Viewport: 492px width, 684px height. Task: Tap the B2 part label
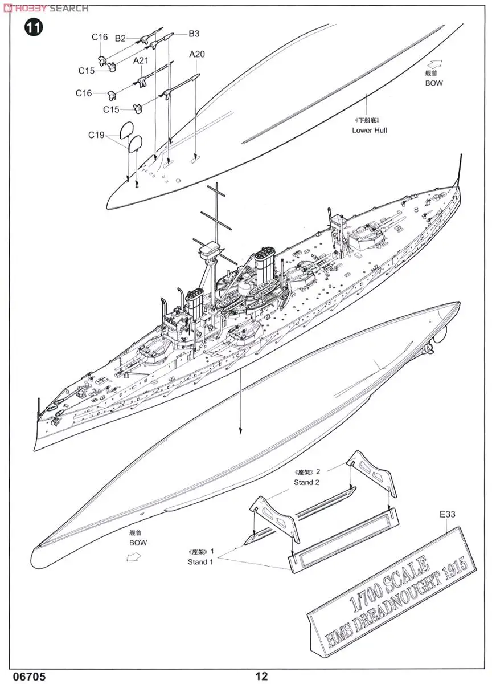120,39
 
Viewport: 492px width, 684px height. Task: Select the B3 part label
194,34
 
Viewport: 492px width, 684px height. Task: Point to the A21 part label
141,61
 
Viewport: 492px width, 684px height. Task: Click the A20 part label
197,55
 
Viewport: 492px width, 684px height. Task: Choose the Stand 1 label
200,561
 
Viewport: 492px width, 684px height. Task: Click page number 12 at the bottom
261,676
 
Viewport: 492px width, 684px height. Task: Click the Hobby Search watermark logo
46,8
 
